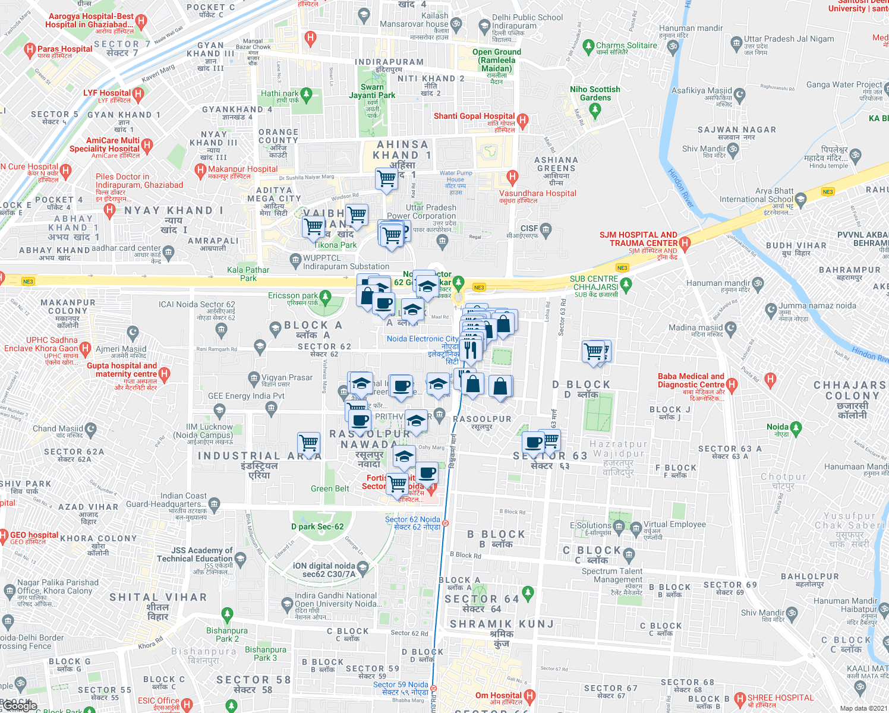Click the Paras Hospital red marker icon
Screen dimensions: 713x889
[x=30, y=50]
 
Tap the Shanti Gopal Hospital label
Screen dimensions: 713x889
[x=474, y=116]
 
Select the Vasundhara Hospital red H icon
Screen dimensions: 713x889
[x=512, y=177]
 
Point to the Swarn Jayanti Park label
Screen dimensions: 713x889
[x=372, y=91]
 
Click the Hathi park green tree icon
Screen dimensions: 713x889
[x=307, y=94]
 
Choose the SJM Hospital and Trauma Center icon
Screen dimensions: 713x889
[x=685, y=242]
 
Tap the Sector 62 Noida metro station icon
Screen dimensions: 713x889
[x=446, y=523]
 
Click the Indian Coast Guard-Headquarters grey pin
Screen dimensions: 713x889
[x=215, y=504]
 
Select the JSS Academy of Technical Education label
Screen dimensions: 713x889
[x=195, y=554]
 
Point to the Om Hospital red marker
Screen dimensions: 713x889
[x=529, y=695]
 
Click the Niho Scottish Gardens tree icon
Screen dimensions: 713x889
[x=595, y=109]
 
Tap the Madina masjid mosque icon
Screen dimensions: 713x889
[x=731, y=328]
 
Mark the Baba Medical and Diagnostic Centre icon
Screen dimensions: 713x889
[x=732, y=384]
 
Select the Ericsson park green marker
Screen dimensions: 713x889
[x=325, y=296]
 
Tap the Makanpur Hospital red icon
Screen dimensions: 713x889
[x=200, y=171]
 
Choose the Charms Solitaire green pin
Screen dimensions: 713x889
[x=588, y=46]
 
